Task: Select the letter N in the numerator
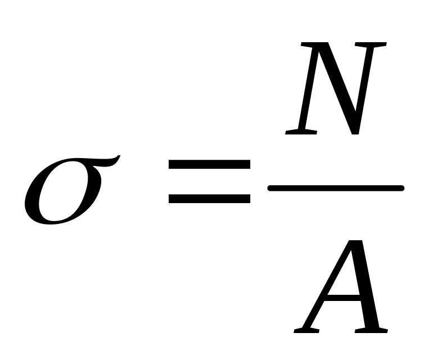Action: tap(336, 88)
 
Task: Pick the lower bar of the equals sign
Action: tap(210, 199)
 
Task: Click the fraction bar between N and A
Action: tap(336, 188)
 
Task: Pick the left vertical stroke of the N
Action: tap(307, 90)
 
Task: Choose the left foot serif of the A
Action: tap(306, 330)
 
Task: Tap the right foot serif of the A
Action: tap(374, 330)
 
